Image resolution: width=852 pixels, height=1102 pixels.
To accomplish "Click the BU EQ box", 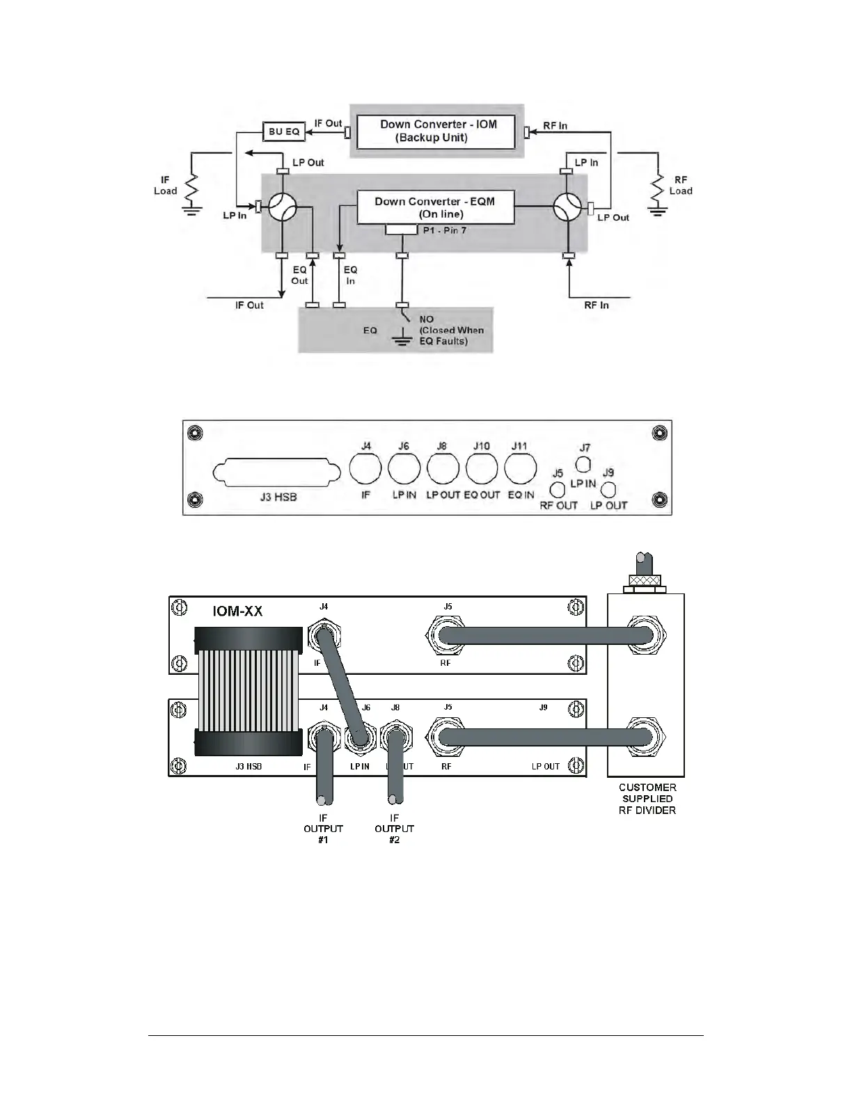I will pos(284,131).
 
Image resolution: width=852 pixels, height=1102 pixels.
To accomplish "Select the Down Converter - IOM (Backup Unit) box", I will pos(436,131).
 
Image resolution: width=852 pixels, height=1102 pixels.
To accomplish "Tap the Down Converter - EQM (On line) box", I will pos(436,207).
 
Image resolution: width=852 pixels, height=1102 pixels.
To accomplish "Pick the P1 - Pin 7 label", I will pos(444,230).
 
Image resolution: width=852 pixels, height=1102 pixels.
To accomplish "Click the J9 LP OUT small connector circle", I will pos(609,490).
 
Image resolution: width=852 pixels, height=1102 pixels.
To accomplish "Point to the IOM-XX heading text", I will pos(237,612).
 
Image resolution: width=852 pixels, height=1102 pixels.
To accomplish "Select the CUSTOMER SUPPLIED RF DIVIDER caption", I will pos(647,799).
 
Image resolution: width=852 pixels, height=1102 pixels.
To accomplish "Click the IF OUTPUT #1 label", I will pos(323,829).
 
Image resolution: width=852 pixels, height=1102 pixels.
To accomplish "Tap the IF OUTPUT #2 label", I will pos(394,829).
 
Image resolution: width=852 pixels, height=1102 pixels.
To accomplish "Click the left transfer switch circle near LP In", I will pos(283,207).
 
